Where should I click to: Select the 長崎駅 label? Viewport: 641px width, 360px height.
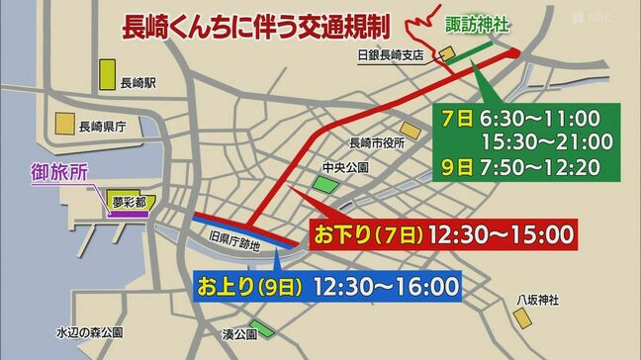coord(137,84)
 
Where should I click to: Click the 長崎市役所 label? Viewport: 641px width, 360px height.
coord(377,143)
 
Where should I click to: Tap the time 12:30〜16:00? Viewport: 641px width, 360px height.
coord(386,288)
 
